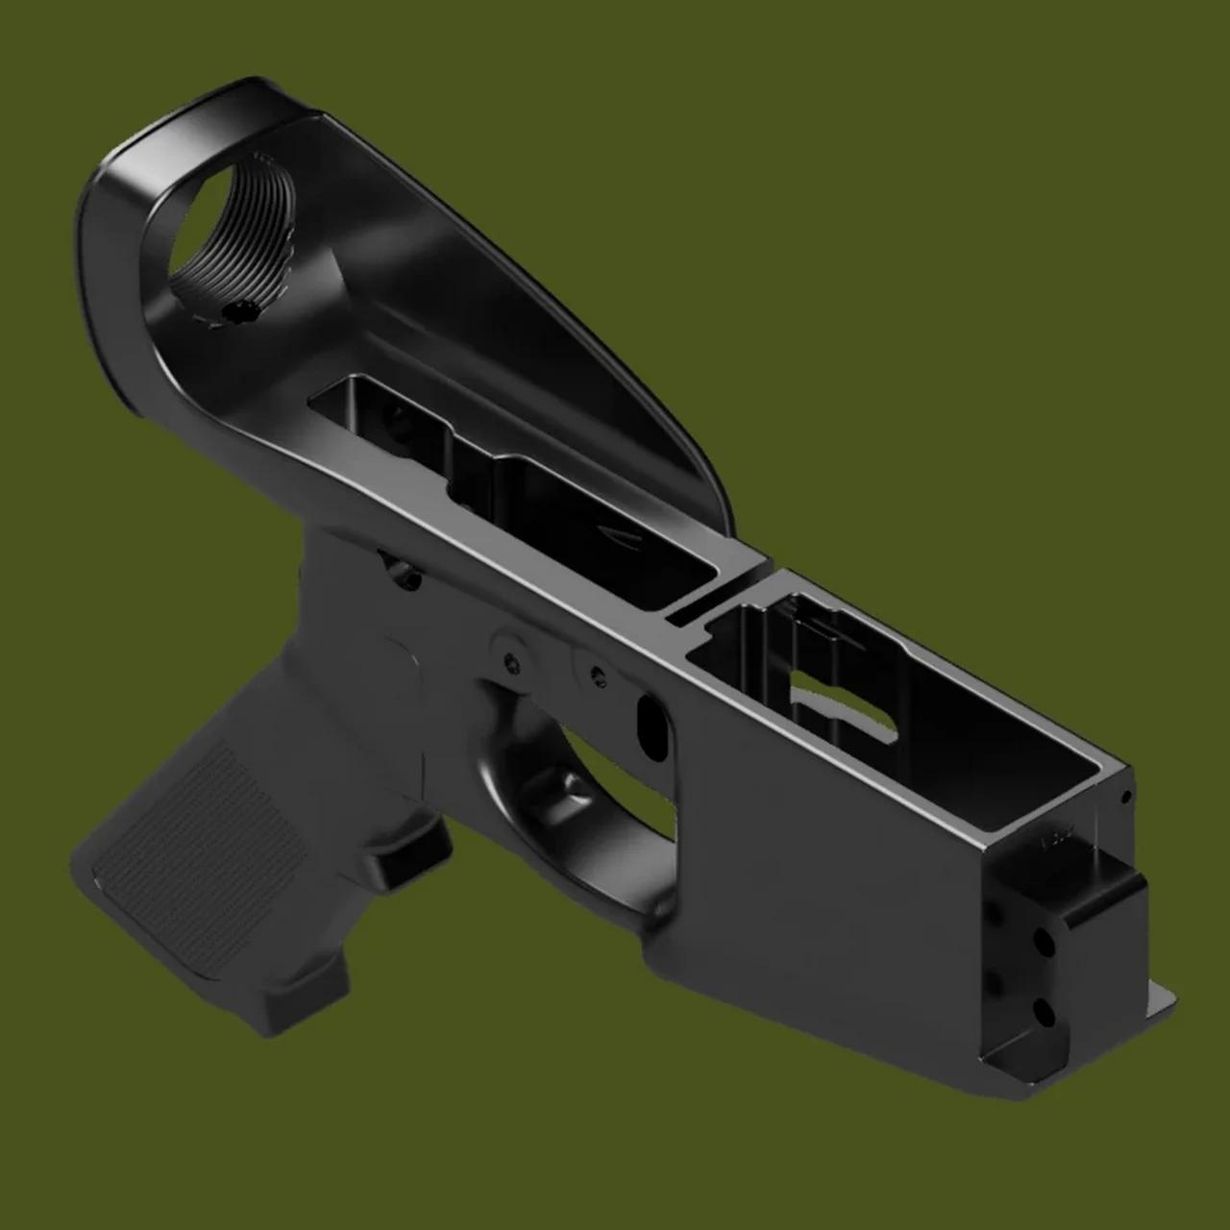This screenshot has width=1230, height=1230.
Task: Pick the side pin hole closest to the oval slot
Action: [x=598, y=673]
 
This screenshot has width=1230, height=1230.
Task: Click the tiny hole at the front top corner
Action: [x=1125, y=797]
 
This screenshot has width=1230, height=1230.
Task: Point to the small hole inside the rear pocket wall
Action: [x=391, y=415]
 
